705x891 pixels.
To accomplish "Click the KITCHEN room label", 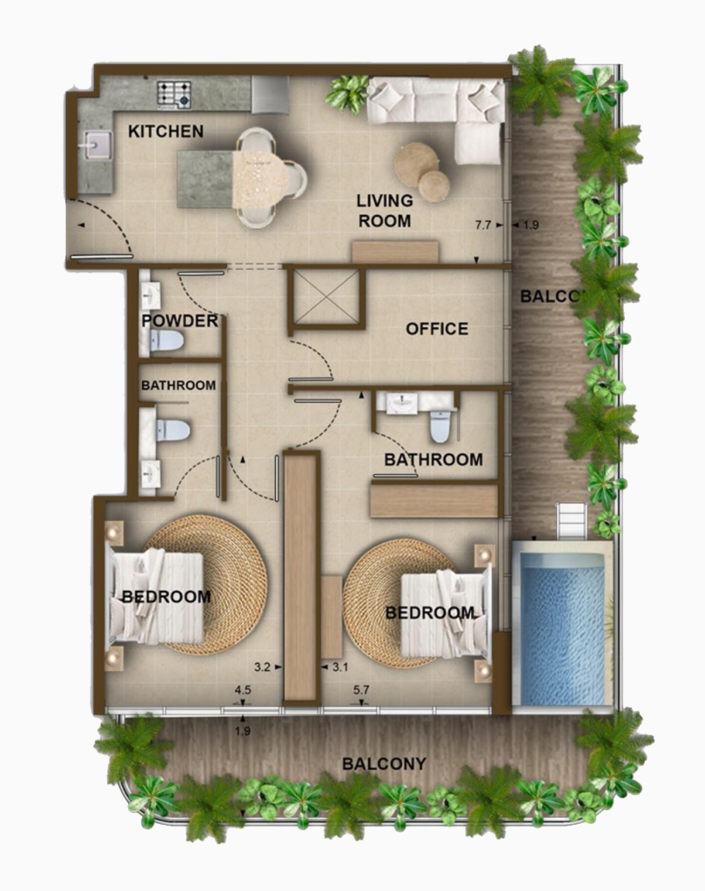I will [165, 131].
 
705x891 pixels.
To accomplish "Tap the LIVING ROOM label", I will [384, 211].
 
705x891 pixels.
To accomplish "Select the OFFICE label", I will [437, 329].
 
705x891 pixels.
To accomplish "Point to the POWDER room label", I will [179, 321].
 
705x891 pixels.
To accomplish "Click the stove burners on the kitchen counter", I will [174, 93].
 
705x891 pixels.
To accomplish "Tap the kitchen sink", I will [95, 144].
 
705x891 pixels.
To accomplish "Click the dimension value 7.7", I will [483, 225].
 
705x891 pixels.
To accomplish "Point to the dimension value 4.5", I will [243, 691].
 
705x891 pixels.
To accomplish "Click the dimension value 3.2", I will [262, 667].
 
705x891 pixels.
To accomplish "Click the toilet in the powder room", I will [168, 340].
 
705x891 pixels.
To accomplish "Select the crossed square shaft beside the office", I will [325, 297].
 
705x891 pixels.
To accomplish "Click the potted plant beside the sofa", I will [348, 92].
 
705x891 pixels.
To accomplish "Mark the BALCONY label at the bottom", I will [384, 764].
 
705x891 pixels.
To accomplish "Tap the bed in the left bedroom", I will [157, 598].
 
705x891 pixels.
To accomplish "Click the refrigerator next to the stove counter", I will [270, 94].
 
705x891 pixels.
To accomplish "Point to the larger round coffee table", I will [415, 163].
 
